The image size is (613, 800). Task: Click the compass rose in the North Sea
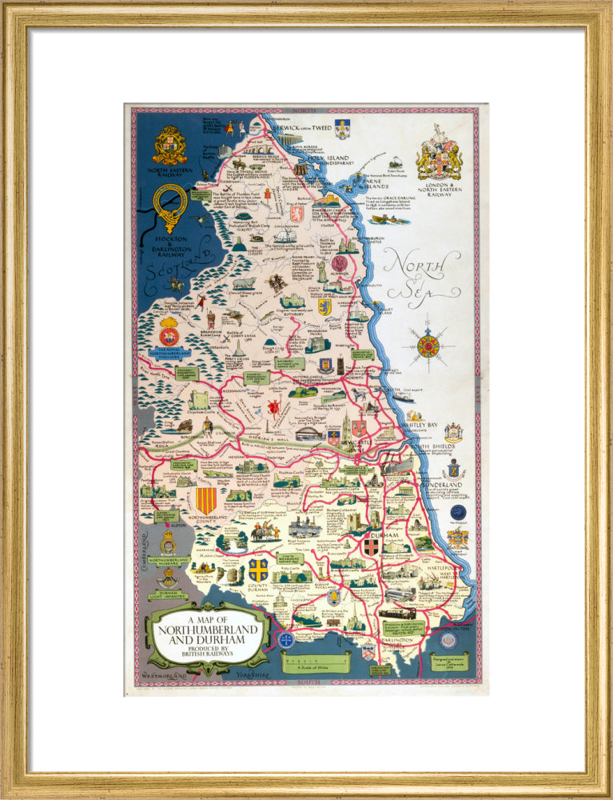(x=428, y=346)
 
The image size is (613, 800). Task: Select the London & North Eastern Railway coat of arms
(x=439, y=154)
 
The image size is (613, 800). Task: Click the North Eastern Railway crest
(x=169, y=146)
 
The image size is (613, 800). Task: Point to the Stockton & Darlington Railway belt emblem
(x=169, y=207)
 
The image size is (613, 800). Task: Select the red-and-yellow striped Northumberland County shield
(x=206, y=501)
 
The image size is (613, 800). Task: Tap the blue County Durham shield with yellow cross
(x=257, y=569)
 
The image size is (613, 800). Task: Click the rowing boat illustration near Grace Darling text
(x=389, y=218)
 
